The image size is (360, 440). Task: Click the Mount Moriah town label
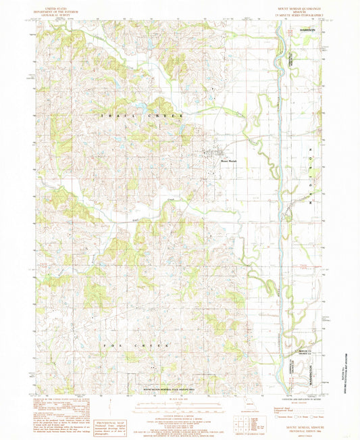[x=226, y=161]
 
